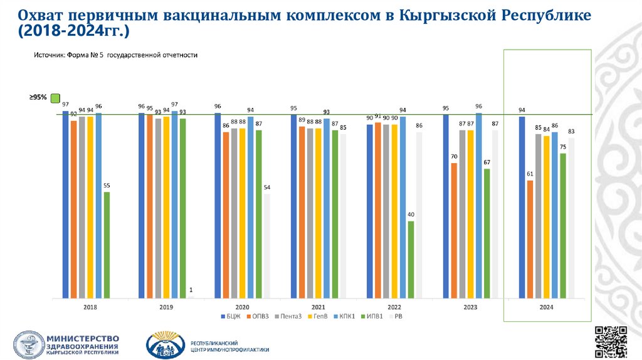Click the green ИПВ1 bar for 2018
[x=107, y=245]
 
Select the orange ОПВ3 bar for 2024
[x=530, y=239]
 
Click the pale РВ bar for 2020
[x=267, y=245]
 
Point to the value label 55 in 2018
[x=107, y=186]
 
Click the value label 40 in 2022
[x=411, y=214]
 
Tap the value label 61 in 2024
[x=530, y=174]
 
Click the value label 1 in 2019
[x=191, y=290]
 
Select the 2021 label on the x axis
[x=318, y=307]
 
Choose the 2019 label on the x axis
[x=166, y=307]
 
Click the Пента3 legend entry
[x=289, y=316]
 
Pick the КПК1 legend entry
[x=345, y=316]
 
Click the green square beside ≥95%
[x=55, y=98]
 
